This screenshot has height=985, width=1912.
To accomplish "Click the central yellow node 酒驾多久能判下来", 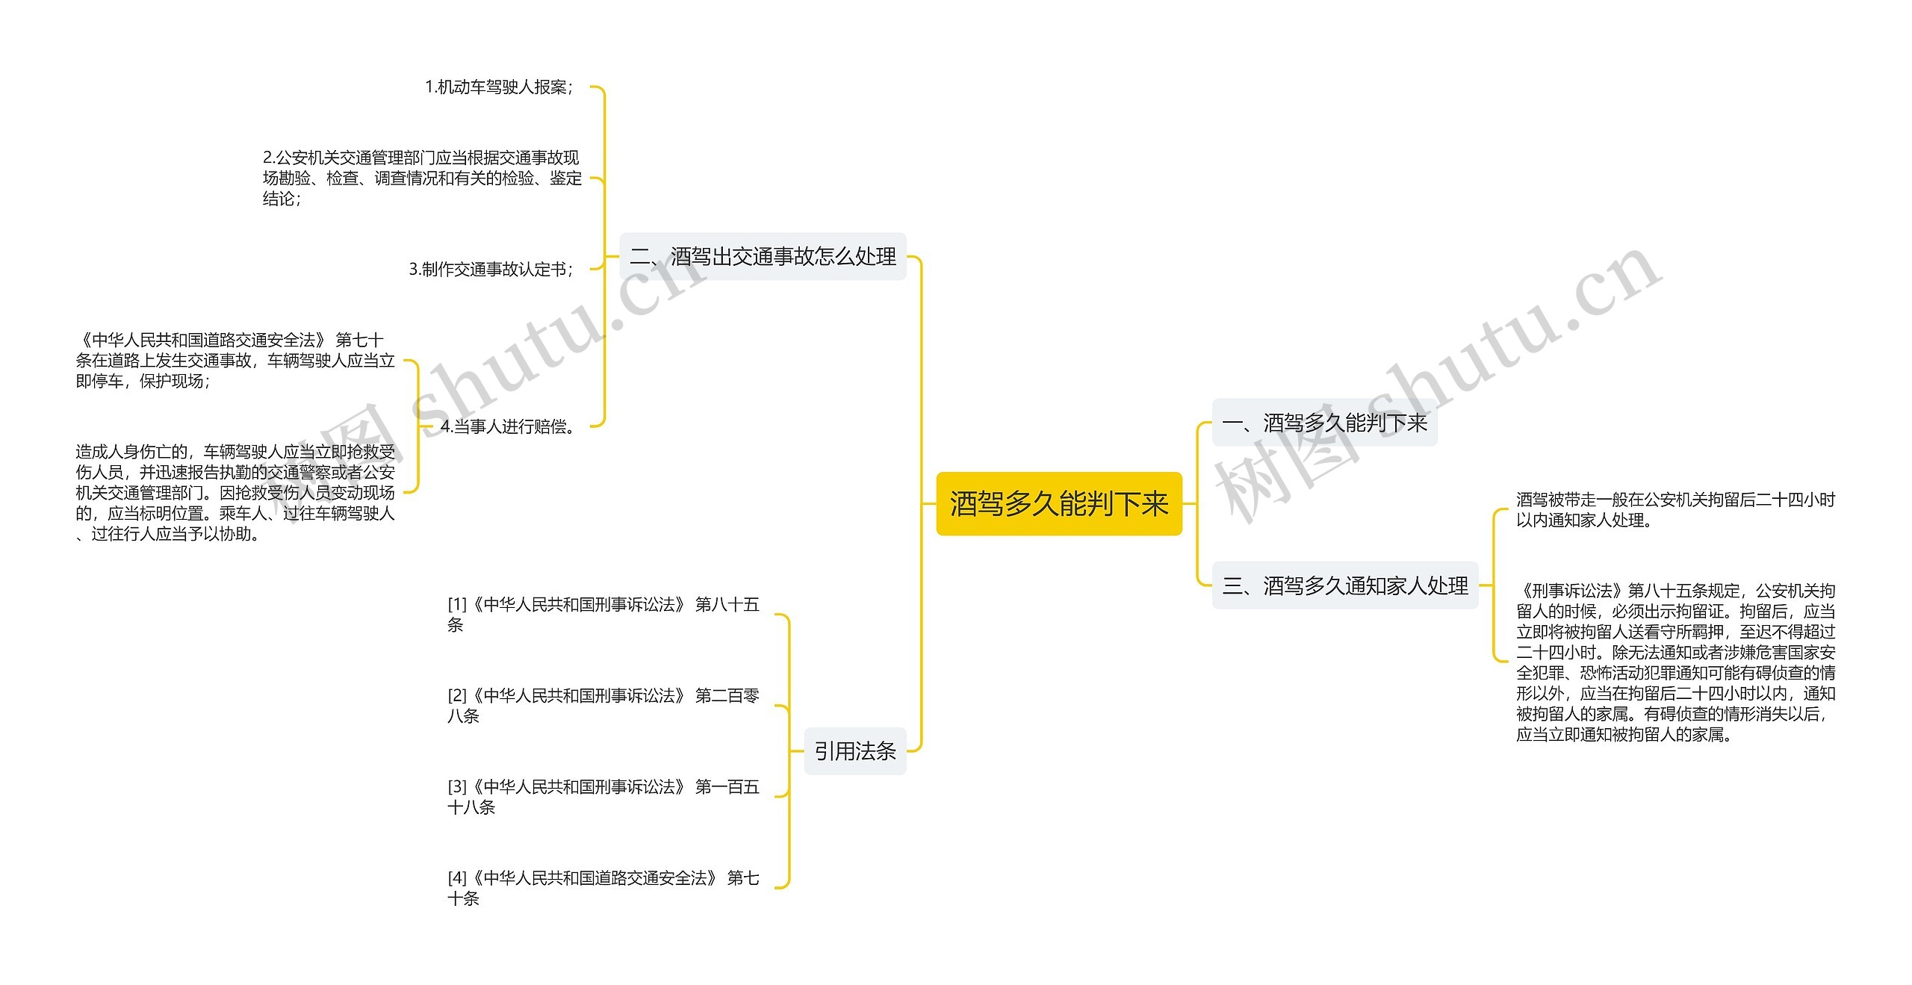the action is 1058,504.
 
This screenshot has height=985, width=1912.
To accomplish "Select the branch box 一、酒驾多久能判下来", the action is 1323,423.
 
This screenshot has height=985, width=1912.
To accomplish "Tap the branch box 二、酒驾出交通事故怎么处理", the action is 763,257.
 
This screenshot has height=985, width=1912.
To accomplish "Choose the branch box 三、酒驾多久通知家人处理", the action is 1344,585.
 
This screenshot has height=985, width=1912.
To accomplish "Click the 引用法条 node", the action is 854,751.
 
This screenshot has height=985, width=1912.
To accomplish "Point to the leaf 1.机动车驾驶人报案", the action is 499,87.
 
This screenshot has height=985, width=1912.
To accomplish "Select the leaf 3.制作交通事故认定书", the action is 491,269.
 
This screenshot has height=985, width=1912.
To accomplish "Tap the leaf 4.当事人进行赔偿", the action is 509,426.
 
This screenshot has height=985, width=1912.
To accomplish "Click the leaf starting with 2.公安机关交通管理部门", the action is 422,178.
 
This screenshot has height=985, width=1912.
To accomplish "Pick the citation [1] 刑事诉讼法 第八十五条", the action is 603,614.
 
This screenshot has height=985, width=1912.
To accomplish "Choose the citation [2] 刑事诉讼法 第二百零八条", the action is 603,705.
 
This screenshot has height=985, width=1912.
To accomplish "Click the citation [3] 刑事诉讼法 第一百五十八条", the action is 603,796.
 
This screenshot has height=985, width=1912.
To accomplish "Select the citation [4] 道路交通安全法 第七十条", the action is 603,887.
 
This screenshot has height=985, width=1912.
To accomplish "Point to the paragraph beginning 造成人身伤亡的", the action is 235,492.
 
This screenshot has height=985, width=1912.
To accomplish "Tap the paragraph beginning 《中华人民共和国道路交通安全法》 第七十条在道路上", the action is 235,360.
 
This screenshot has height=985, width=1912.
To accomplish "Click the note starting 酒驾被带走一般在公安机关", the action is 1674,509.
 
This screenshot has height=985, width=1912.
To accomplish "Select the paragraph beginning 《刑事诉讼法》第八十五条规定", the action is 1674,662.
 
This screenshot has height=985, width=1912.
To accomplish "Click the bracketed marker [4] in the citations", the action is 457,878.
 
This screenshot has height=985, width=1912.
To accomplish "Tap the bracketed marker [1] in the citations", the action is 457,605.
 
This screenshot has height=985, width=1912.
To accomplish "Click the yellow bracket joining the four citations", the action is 789,751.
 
